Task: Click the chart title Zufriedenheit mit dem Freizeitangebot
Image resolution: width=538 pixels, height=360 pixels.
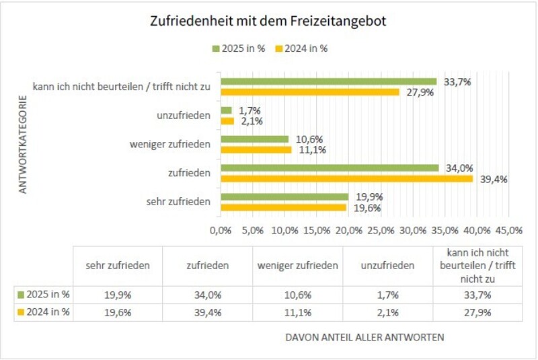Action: point(268,22)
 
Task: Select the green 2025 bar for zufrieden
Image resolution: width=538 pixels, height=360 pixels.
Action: point(330,168)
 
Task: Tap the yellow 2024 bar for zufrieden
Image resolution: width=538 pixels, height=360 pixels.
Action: point(347,178)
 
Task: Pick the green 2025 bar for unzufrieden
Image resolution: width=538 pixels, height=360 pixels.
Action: point(227,110)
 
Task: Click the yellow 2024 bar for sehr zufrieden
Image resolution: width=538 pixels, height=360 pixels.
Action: point(283,207)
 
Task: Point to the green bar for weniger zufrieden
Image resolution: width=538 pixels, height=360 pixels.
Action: point(255,139)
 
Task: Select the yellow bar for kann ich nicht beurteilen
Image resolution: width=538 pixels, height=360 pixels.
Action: point(310,92)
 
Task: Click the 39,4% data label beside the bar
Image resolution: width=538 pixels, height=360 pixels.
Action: point(493,179)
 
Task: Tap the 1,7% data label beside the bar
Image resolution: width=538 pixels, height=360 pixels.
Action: point(249,110)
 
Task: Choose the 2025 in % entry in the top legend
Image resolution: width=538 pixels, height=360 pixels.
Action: point(239,48)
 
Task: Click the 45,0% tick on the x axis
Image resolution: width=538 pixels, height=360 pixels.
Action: point(509,230)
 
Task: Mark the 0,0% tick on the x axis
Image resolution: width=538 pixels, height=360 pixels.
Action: point(221,230)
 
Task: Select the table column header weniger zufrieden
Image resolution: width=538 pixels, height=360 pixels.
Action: point(297,266)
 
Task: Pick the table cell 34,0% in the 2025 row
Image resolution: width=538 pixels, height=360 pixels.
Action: point(207,295)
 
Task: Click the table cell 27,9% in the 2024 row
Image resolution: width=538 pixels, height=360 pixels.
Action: point(477,312)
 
